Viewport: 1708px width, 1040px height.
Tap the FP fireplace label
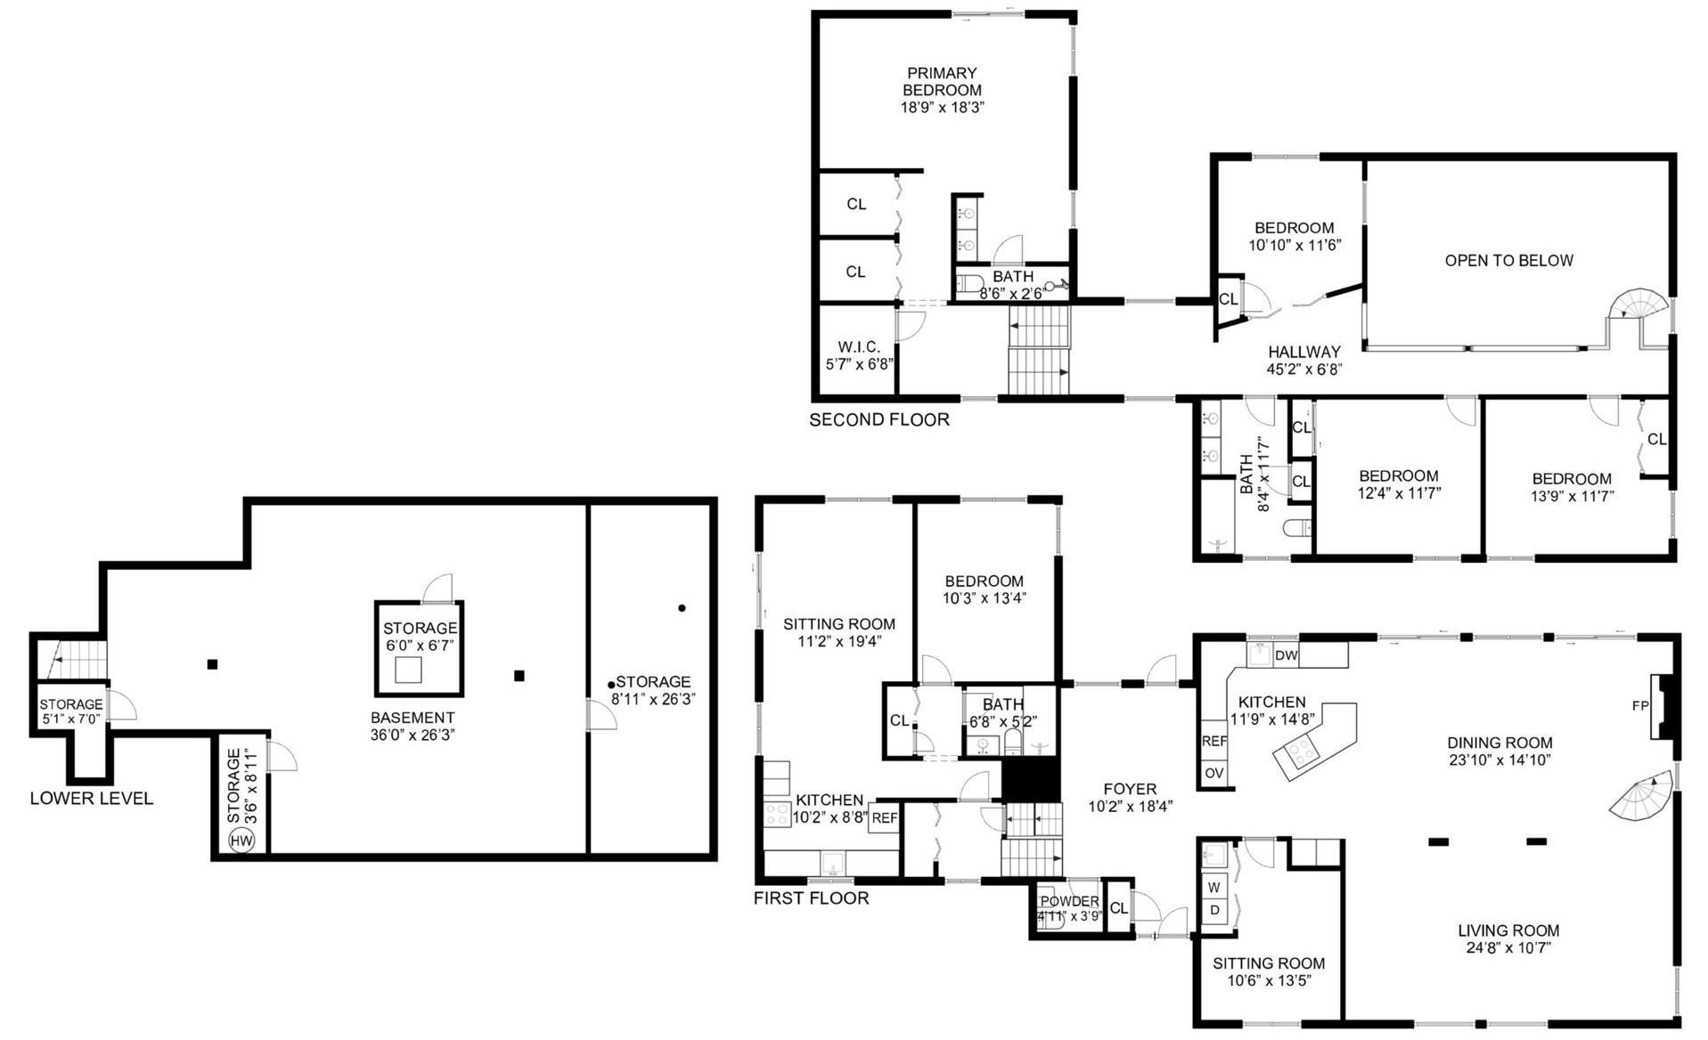(1639, 706)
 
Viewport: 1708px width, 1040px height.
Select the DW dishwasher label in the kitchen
(1286, 655)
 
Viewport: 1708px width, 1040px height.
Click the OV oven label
(1214, 773)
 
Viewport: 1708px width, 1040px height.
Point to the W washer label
(1214, 887)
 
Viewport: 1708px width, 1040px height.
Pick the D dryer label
(1214, 909)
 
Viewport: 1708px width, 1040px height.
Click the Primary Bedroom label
(942, 81)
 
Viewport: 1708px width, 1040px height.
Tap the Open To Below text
(1508, 260)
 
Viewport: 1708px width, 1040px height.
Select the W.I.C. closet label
(859, 346)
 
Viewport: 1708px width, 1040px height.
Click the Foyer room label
(1130, 789)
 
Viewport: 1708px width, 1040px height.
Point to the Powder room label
(1069, 901)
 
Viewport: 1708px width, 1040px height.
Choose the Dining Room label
(1500, 743)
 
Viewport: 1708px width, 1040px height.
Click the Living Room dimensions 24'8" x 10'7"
(1508, 948)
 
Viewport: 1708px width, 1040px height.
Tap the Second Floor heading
(879, 419)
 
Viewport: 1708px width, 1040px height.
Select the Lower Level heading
(92, 799)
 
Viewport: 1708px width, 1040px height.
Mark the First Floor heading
(811, 898)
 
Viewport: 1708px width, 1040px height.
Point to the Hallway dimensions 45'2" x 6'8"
(1304, 369)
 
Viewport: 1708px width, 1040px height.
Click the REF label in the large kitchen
(1214, 741)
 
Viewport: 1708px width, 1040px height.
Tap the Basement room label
(413, 718)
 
